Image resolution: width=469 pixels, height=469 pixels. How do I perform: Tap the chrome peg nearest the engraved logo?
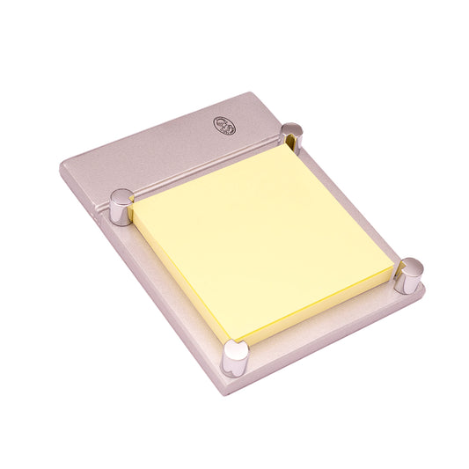(x=291, y=136)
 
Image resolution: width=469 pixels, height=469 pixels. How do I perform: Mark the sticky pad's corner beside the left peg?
(x=134, y=209)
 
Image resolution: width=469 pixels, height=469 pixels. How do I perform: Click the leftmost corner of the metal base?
(x=59, y=166)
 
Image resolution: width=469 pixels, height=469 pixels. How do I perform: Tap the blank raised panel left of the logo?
(x=141, y=154)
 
